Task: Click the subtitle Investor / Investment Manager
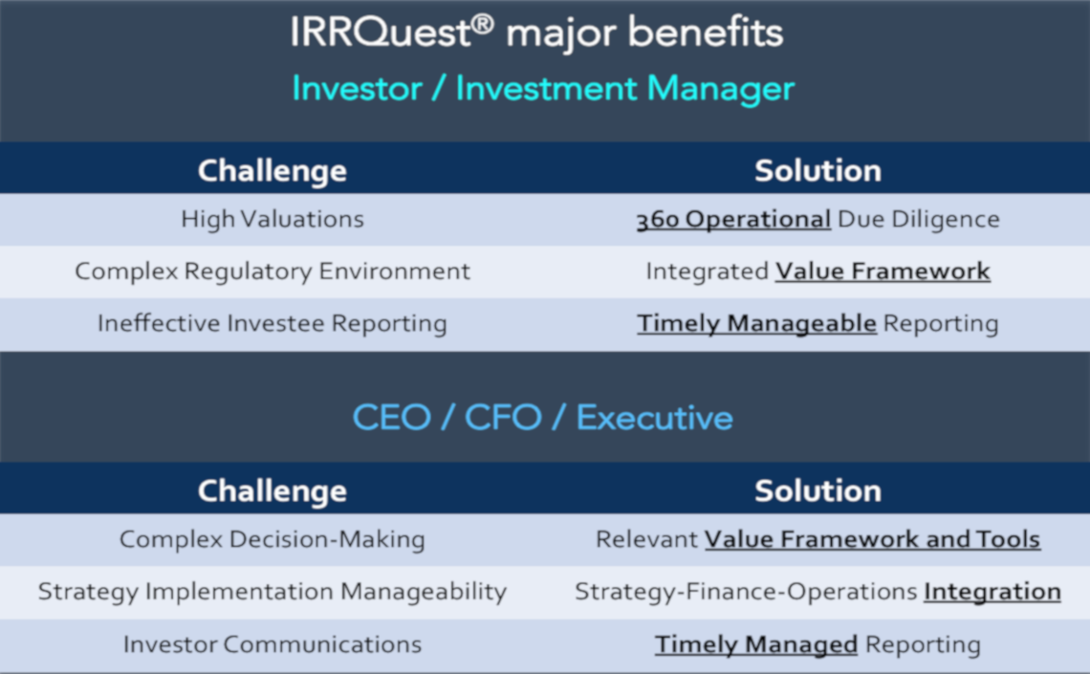coord(543,89)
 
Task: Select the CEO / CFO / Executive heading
coord(543,418)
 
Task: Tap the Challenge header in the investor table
coord(272,170)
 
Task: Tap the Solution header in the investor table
coord(817,170)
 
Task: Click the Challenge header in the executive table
coord(272,490)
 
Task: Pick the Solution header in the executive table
coord(817,490)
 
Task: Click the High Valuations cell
coord(272,219)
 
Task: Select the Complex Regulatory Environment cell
coord(272,272)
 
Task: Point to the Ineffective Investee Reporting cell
coord(272,323)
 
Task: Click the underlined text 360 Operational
coord(733,219)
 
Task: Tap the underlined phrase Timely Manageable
coord(756,323)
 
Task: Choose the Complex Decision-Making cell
coord(272,539)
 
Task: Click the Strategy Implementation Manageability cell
coord(272,592)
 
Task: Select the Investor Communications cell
coord(272,644)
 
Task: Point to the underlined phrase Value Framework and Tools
coord(872,539)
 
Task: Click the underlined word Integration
coord(992,592)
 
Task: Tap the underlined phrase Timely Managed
coord(755,644)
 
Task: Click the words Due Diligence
coord(918,219)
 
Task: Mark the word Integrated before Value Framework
coord(707,272)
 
